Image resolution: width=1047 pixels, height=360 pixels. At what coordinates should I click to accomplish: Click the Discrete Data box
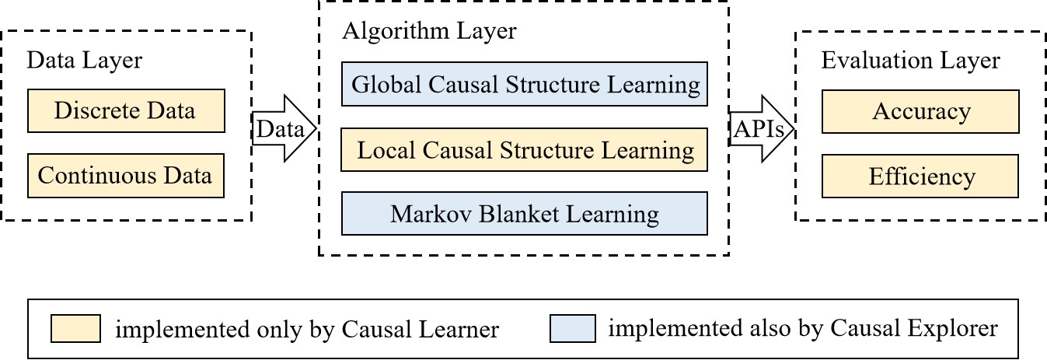point(126,111)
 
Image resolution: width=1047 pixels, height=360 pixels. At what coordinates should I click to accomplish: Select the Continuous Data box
point(126,176)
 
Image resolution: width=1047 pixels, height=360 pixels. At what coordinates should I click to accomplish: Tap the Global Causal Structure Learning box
point(525,84)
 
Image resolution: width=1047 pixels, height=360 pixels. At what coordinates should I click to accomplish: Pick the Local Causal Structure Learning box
point(525,149)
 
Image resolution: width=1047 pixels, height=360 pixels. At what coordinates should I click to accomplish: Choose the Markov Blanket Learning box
point(525,214)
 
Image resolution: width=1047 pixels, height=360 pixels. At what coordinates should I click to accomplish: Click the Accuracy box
point(920,112)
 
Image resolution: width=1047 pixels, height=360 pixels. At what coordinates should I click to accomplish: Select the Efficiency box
point(920,177)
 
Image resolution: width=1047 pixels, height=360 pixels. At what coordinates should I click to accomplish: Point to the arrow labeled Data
point(284,128)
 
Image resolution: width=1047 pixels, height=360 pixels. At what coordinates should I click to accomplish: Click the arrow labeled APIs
point(762,129)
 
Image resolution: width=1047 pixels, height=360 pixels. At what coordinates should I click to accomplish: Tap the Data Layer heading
point(85,61)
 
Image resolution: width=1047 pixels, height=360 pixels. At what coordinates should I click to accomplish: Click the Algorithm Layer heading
point(429,31)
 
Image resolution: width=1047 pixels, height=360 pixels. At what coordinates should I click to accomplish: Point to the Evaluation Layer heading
point(910,61)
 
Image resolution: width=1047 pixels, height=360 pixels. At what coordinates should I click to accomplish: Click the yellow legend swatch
point(75,329)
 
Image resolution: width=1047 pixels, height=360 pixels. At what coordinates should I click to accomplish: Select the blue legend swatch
point(573,329)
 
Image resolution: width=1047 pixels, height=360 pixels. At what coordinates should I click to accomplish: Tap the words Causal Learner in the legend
point(421,329)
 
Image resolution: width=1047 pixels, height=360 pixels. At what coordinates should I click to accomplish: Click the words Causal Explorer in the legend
point(914,328)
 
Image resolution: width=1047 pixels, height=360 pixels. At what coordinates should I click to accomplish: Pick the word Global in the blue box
point(387,85)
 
